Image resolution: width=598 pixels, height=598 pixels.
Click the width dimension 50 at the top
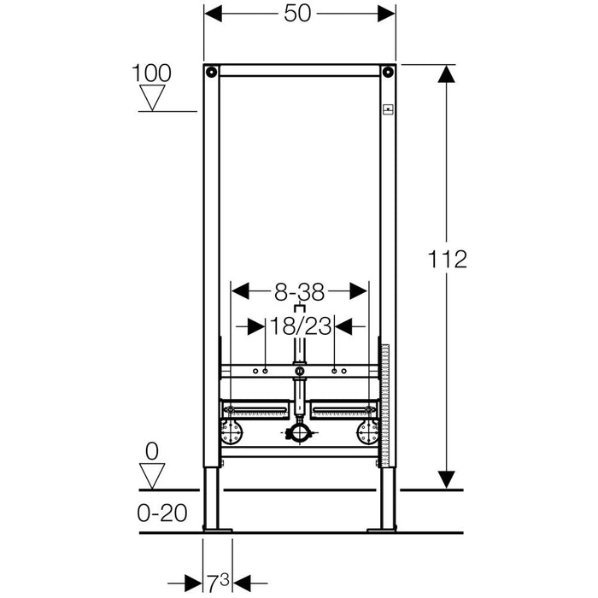pyautogui.click(x=297, y=14)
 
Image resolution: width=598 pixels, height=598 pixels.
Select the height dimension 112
pyautogui.click(x=448, y=260)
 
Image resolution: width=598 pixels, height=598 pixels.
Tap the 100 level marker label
pyautogui.click(x=151, y=73)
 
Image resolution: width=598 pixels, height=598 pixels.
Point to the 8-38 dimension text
pyautogui.click(x=299, y=292)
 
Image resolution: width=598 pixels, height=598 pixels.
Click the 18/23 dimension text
pyautogui.click(x=300, y=326)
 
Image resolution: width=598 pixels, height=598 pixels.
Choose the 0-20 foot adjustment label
pyautogui.click(x=162, y=513)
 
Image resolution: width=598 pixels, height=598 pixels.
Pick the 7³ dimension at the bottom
pyautogui.click(x=218, y=581)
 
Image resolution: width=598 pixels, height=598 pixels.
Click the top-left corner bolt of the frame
pyautogui.click(x=211, y=72)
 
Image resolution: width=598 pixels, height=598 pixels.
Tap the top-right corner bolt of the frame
pyautogui.click(x=388, y=72)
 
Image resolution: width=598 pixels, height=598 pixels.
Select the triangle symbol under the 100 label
pyautogui.click(x=152, y=97)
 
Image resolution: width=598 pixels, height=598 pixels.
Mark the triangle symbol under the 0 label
pyautogui.click(x=152, y=476)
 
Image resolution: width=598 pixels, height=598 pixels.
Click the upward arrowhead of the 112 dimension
pyautogui.click(x=446, y=73)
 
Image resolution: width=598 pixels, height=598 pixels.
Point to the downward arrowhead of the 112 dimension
pyautogui.click(x=446, y=480)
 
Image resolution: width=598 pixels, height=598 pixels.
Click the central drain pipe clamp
pyautogui.click(x=300, y=433)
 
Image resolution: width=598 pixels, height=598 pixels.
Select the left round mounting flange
pyautogui.click(x=232, y=432)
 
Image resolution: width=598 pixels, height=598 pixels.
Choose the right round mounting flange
pyautogui.click(x=368, y=432)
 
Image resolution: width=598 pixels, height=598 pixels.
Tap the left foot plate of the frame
pyautogui.click(x=217, y=530)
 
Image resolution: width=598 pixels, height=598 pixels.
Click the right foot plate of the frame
pyautogui.click(x=382, y=530)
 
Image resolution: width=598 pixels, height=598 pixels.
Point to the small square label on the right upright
pyautogui.click(x=388, y=109)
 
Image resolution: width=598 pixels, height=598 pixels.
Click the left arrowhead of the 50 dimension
pyautogui.click(x=214, y=14)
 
